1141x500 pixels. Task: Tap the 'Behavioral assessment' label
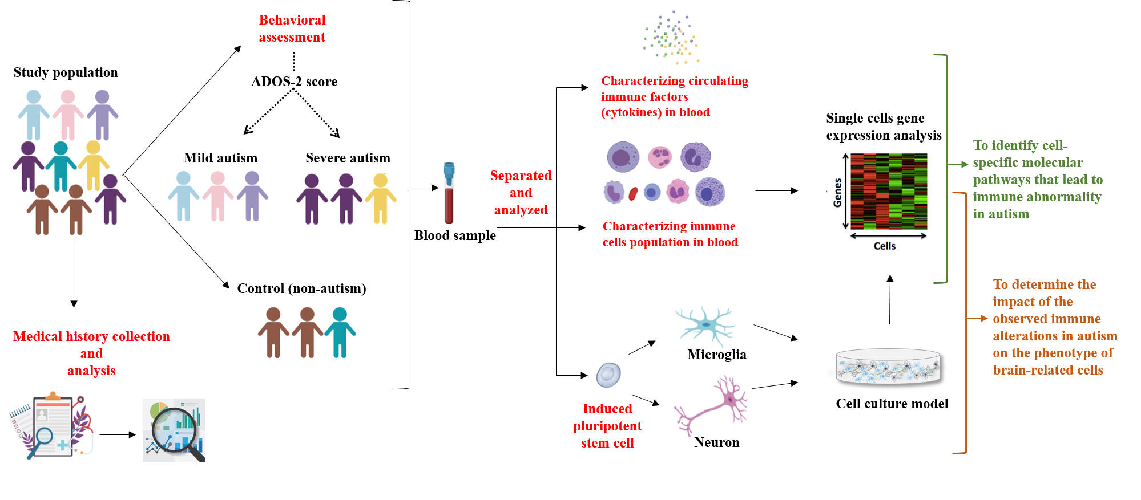point(292,29)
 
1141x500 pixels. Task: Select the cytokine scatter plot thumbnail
point(666,37)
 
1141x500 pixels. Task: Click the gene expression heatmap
point(888,191)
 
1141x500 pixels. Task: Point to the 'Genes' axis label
point(837,193)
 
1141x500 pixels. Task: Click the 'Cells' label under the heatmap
point(885,246)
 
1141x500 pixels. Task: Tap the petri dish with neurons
point(888,366)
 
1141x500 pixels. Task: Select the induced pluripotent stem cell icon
point(608,375)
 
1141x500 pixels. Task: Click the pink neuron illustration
point(712,405)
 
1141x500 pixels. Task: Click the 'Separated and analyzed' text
point(521,193)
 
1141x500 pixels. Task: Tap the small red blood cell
point(633,194)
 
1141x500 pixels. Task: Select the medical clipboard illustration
point(51,425)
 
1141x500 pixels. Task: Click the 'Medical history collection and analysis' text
point(91,353)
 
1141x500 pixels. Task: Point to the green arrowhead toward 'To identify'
point(965,164)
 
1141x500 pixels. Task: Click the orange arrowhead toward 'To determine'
point(983,318)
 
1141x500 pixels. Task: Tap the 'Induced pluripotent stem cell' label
point(607,426)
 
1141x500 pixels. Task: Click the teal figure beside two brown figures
point(340,332)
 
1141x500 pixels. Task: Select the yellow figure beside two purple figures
point(381,199)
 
